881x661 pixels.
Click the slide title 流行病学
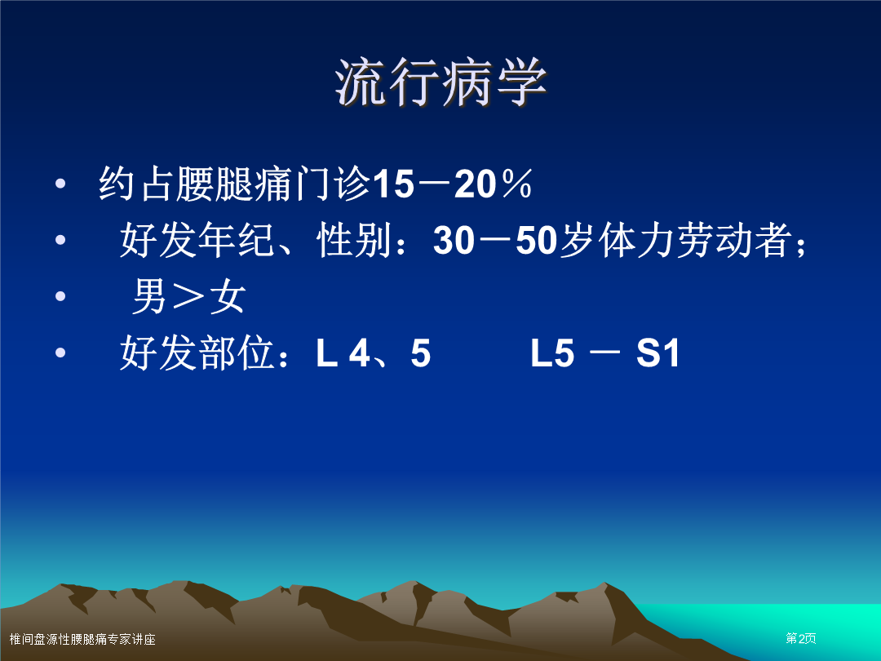tap(440, 82)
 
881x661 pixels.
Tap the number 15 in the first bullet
tap(393, 184)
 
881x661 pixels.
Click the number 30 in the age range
tap(454, 241)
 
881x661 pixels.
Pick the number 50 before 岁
tap(536, 241)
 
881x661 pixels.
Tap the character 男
tap(149, 296)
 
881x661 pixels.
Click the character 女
tap(228, 296)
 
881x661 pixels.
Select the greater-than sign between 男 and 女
tap(188, 297)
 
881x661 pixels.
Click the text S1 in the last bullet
tap(657, 353)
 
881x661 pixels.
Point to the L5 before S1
tap(552, 353)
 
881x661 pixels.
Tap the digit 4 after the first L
tap(360, 353)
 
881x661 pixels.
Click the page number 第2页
tap(801, 638)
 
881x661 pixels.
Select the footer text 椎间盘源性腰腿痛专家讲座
tap(82, 639)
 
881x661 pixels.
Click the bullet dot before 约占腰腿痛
tap(60, 184)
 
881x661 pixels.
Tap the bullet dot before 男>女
tap(60, 296)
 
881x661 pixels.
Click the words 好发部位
tap(197, 353)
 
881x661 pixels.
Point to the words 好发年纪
tap(197, 241)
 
